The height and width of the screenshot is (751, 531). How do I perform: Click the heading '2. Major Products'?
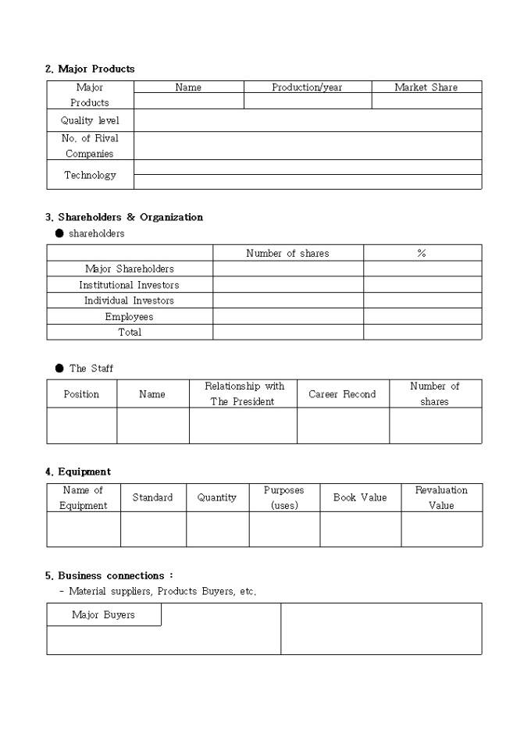tap(90, 69)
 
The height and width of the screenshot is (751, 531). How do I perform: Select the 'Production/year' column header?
tap(307, 87)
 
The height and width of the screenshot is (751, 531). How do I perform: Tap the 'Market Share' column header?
tap(426, 87)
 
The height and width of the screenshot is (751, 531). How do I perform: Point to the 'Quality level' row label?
tap(90, 121)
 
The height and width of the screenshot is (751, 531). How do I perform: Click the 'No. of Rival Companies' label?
tap(90, 146)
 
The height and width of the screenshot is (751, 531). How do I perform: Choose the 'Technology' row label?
tap(90, 176)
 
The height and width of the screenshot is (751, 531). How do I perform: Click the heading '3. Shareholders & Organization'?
tap(124, 217)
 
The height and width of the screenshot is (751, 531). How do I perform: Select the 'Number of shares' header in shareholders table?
tap(287, 253)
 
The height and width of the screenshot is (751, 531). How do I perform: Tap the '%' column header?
tap(422, 253)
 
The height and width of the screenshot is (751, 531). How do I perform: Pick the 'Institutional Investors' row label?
tap(129, 285)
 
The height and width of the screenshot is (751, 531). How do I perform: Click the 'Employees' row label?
tap(129, 317)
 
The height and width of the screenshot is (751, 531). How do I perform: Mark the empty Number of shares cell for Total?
tap(287, 332)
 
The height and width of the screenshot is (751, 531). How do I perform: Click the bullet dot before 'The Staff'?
tap(59, 368)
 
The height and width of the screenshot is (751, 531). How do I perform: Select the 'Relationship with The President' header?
tap(244, 393)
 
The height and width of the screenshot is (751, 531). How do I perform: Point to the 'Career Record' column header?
tap(342, 394)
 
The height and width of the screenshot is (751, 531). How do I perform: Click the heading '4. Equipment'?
tap(78, 472)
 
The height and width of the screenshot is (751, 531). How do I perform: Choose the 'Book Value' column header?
tap(360, 497)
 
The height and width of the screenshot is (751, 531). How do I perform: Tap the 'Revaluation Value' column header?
tap(441, 497)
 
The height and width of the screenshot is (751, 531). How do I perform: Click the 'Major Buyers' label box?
tap(103, 615)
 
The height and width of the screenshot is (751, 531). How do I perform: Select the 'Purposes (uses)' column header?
tap(283, 497)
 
